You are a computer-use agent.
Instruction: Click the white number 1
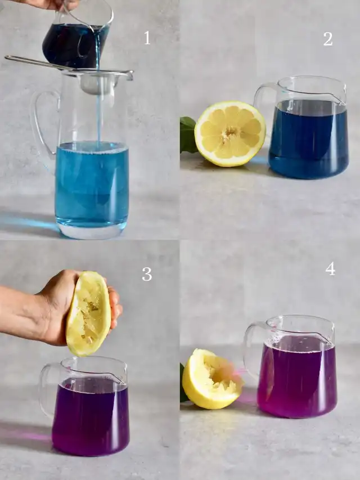147,38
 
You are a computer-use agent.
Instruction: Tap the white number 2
328,39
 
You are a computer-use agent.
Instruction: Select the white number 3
147,274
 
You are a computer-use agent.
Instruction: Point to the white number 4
330,269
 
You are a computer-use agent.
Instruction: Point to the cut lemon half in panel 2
230,134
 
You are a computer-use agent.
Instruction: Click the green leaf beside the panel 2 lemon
188,134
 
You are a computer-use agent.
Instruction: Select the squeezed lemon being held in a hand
88,313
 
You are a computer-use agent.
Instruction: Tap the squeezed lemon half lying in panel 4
212,379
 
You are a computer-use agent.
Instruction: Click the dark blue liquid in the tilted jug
74,46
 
